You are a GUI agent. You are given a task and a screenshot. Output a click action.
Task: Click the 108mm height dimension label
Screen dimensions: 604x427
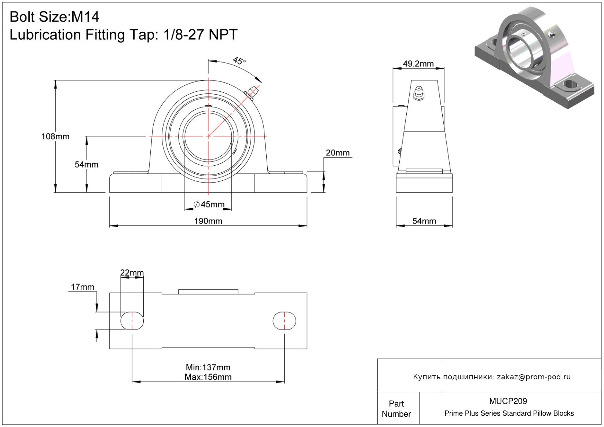(x=55, y=136)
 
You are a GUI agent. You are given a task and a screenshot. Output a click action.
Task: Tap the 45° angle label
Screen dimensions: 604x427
(x=239, y=60)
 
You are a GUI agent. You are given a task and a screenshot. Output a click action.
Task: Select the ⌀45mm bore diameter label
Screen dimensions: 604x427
(x=209, y=204)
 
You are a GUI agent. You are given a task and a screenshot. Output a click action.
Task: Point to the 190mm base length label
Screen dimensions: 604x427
(x=208, y=221)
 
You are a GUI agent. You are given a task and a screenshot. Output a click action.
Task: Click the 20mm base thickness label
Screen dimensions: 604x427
(x=338, y=152)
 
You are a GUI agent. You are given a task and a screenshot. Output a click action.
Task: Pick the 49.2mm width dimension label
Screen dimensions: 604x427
(x=418, y=64)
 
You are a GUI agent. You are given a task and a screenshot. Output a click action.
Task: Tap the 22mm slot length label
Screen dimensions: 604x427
(x=132, y=273)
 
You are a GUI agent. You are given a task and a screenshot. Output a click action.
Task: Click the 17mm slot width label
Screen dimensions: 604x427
(x=83, y=287)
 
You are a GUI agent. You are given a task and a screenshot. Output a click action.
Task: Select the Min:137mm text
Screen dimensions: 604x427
(x=208, y=367)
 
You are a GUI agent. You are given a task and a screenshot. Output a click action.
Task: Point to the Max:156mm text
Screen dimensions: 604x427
(x=208, y=377)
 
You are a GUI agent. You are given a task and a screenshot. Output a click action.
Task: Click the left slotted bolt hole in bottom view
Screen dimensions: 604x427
(x=132, y=321)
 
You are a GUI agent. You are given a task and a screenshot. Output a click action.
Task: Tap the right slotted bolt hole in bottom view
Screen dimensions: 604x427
(x=284, y=321)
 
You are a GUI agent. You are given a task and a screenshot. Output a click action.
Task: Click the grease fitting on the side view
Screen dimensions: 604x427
(x=419, y=93)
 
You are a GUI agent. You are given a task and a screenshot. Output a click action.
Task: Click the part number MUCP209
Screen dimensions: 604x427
(x=508, y=401)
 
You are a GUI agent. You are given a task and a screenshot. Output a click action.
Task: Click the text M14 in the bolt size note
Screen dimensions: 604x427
(x=85, y=17)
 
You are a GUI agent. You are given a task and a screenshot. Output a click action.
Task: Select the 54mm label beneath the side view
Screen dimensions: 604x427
(x=424, y=221)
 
